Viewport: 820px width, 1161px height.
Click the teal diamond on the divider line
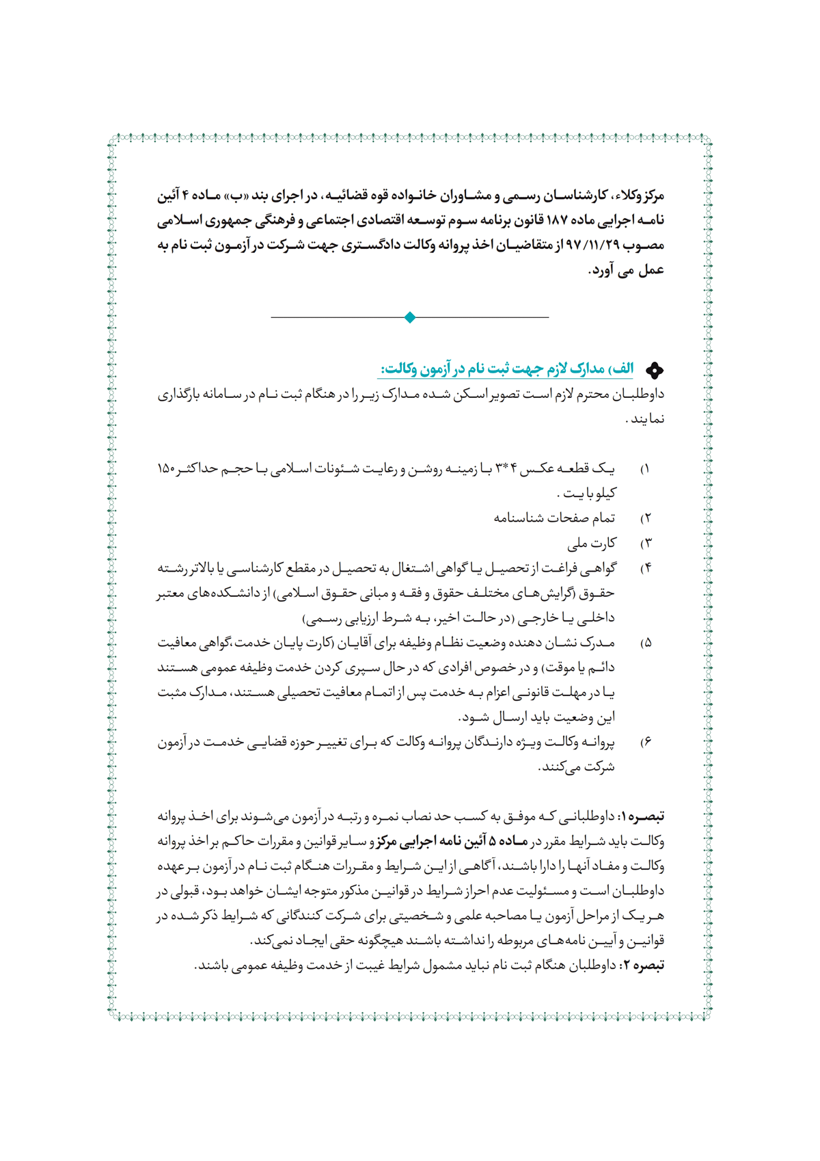(x=410, y=317)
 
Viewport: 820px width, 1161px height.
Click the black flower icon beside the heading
(x=655, y=371)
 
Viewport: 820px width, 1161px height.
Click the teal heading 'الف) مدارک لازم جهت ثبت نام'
(x=506, y=369)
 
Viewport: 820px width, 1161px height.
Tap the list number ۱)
(x=644, y=470)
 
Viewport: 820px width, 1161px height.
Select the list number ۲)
(x=645, y=519)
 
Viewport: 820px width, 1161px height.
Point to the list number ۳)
(x=645, y=544)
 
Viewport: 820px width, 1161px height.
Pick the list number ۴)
(x=645, y=569)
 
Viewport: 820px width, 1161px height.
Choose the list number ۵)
(x=645, y=643)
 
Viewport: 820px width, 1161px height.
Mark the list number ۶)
(x=645, y=743)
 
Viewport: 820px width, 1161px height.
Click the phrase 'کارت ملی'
(x=592, y=544)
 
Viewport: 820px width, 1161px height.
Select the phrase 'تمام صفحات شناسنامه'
(x=554, y=518)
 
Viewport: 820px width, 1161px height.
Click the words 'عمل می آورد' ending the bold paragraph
(x=627, y=271)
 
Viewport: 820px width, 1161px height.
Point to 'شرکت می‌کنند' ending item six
(x=578, y=767)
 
